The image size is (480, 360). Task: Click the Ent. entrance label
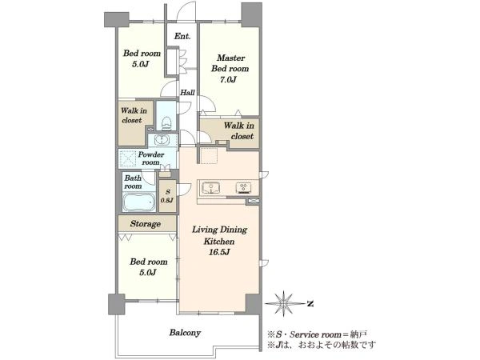coord(182,36)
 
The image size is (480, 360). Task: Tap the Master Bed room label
coord(230,63)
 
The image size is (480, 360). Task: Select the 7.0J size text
coord(228,79)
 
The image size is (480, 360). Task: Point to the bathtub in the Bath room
coord(138,202)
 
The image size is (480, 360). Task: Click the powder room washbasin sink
coord(162,140)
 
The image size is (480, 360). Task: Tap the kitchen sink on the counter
coord(210,187)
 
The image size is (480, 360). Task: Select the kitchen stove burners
coord(244,188)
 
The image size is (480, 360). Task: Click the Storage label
coord(146,224)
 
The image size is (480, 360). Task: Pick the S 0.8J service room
coord(167,196)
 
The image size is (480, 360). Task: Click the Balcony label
coord(185,333)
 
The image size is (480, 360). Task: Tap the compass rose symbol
coord(284,303)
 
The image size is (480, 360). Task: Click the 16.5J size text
coord(219,253)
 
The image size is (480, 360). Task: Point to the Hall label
coord(187,93)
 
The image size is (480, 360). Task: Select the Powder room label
coord(151,158)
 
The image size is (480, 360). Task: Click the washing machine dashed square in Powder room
coord(127,158)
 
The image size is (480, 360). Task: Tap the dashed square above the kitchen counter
coord(209,155)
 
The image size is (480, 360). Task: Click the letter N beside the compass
coord(310,304)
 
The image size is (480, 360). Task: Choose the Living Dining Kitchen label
coord(219,235)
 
